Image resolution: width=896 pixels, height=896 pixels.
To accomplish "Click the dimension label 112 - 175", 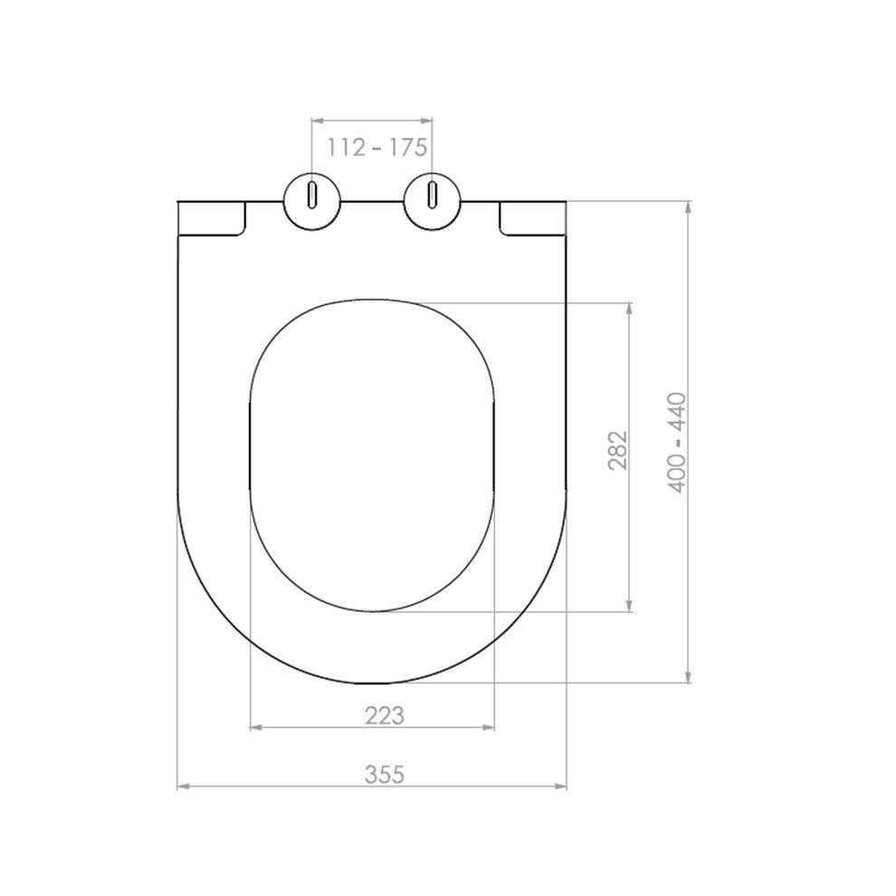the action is pyautogui.click(x=377, y=148).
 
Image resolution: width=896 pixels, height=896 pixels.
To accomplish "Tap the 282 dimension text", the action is pyautogui.click(x=618, y=451).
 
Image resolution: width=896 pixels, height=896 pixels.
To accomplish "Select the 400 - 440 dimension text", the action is pyautogui.click(x=677, y=443).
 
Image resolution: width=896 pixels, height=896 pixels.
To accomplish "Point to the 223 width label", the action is pyautogui.click(x=385, y=715).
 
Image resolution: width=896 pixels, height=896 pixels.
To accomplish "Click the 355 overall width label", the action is pyautogui.click(x=385, y=775).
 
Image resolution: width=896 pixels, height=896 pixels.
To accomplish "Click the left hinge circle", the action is pyautogui.click(x=312, y=202).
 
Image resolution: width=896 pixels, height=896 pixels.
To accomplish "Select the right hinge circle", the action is pyautogui.click(x=432, y=202).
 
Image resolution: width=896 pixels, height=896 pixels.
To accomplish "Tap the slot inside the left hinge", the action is pyautogui.click(x=312, y=195).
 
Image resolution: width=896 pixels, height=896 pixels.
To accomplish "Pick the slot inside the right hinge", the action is pyautogui.click(x=432, y=195).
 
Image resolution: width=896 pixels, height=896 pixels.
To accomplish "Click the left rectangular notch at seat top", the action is pyautogui.click(x=212, y=218).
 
